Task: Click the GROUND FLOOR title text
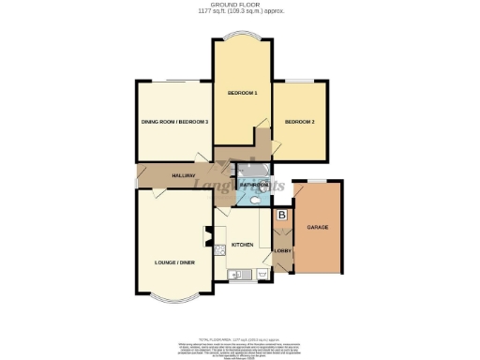[240, 5]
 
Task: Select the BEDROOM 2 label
[299, 121]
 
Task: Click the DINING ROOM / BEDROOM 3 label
[173, 122]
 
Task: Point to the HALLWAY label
[182, 176]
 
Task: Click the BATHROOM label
[253, 185]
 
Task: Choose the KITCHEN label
[244, 244]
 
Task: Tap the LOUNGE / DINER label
[173, 263]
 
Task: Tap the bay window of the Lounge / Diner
[175, 306]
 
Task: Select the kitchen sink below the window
[237, 276]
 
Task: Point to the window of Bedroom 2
[301, 81]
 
